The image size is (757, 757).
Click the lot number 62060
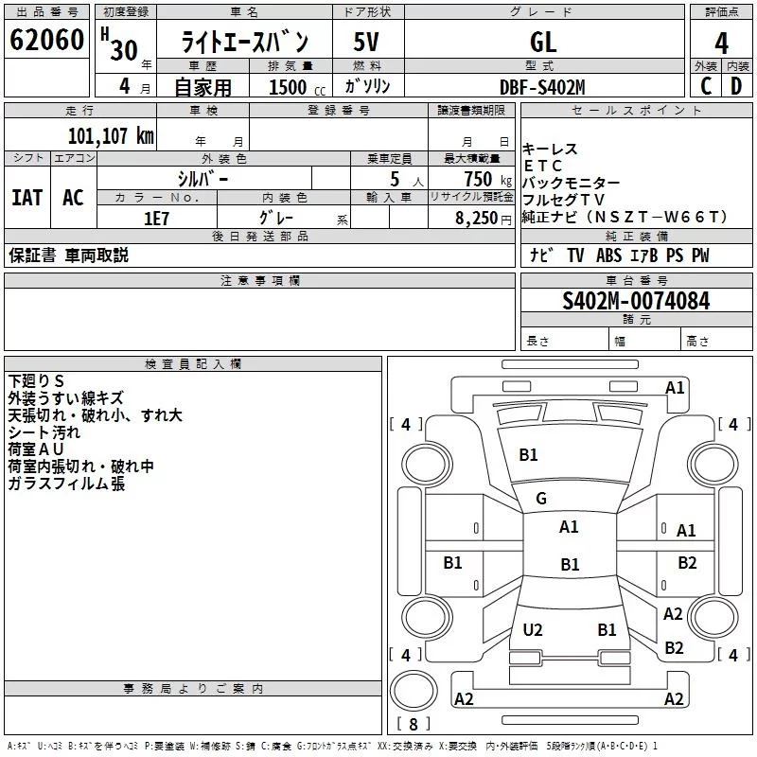tap(46, 42)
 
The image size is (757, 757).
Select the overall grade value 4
tap(722, 43)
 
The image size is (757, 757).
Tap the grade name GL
tap(543, 43)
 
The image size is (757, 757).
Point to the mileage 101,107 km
tap(111, 136)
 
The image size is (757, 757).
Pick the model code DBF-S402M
tap(543, 87)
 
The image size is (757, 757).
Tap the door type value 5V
tap(368, 43)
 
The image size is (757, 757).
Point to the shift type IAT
tap(26, 198)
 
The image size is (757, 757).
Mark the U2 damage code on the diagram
tap(533, 629)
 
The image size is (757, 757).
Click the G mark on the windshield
tap(541, 499)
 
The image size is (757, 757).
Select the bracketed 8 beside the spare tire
tap(413, 724)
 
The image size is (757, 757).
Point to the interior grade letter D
tap(736, 86)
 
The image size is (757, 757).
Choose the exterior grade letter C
tap(706, 86)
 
